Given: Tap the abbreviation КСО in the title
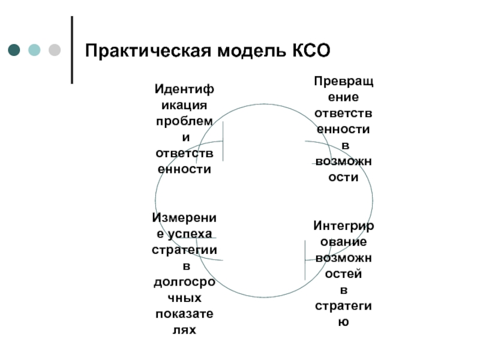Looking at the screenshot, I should [310, 50].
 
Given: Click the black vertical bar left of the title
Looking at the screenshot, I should [73, 49].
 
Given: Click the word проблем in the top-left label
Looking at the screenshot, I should [184, 122].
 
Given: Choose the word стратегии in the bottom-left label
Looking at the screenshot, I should [184, 250].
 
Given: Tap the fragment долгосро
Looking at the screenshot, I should [184, 282].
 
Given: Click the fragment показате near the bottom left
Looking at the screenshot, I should [184, 314].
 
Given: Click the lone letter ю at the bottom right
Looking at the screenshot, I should [344, 322].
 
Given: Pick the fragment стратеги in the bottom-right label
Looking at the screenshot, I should [344, 306].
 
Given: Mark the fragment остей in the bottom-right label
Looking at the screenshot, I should [344, 274].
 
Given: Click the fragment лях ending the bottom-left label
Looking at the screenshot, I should [184, 330].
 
